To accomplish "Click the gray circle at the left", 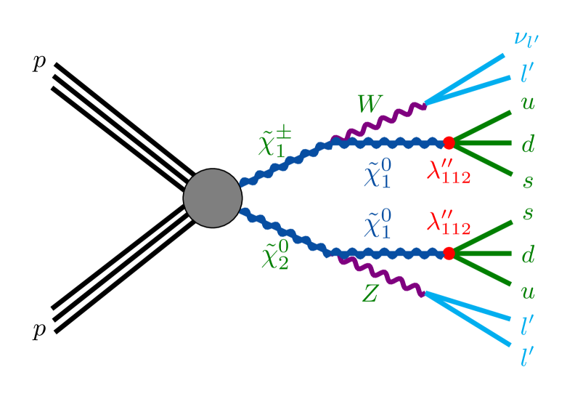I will coord(212,198).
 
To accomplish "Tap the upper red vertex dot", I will coord(449,142).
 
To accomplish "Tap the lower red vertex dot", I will coord(449,253).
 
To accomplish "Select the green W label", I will coord(369,105).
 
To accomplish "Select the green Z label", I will coord(370,294).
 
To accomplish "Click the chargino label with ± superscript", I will coord(275,142).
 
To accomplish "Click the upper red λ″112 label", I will coord(449,173).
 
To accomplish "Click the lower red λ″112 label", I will coord(449,223).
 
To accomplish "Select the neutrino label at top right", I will coord(526,36).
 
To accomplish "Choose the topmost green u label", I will coord(528,103).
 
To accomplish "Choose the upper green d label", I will coord(528,144).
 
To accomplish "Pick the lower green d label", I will coord(528,254).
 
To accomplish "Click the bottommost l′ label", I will coord(528,356).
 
